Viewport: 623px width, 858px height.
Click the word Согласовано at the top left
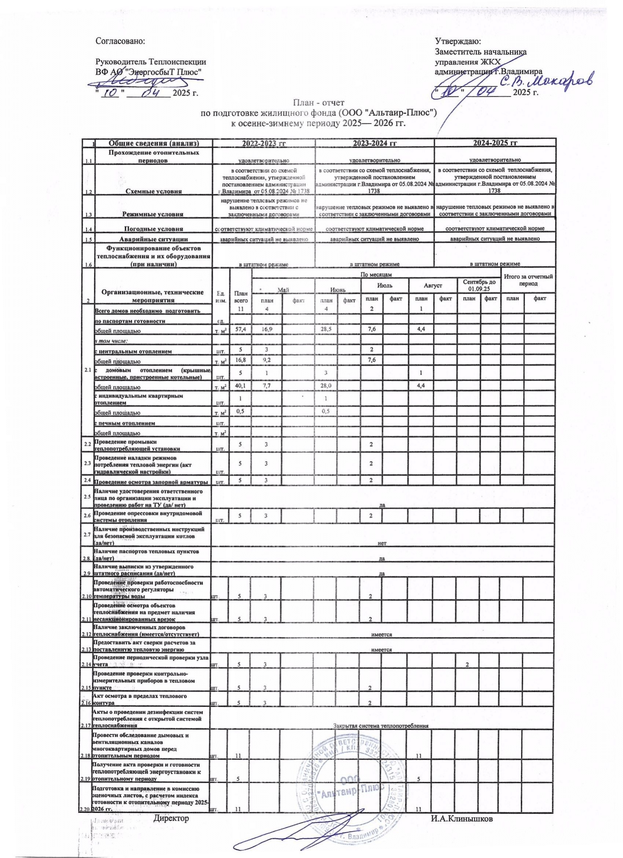[x=121, y=41]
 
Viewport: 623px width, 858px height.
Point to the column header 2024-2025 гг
[x=495, y=143]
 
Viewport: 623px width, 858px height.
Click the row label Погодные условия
[x=154, y=229]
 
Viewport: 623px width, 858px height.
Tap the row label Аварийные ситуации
[x=154, y=239]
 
